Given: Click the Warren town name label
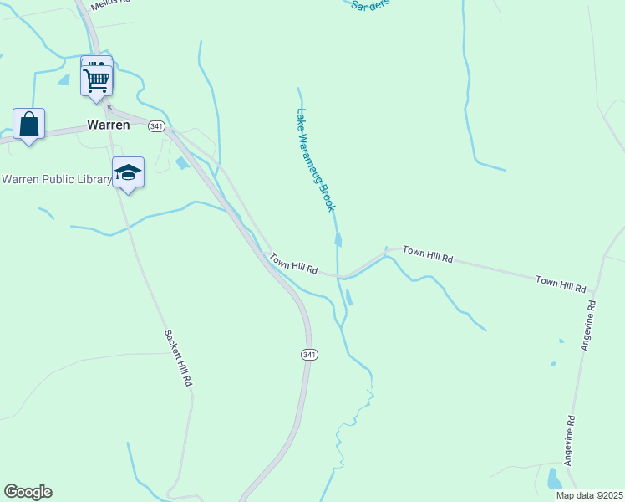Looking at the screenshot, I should click(x=109, y=125).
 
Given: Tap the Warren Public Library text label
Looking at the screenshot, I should click(x=57, y=179).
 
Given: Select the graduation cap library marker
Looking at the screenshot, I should click(x=128, y=172).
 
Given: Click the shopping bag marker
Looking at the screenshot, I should click(x=29, y=124).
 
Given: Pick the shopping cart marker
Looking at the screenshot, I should click(x=97, y=80).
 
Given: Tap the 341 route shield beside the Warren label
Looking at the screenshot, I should click(x=156, y=125).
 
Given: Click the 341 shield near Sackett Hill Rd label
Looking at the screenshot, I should click(x=309, y=355).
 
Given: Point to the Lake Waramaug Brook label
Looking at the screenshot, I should click(x=316, y=159).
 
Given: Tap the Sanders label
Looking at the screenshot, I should click(x=370, y=5).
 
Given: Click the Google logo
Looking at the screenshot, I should click(x=28, y=492).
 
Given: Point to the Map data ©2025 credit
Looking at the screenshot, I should click(x=589, y=495).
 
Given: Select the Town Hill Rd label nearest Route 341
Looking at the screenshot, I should click(x=294, y=266).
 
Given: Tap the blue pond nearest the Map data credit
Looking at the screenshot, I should click(x=554, y=479).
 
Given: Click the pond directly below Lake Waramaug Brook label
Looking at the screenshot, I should click(x=338, y=241).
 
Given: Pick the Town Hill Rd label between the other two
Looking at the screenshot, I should click(x=428, y=254).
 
